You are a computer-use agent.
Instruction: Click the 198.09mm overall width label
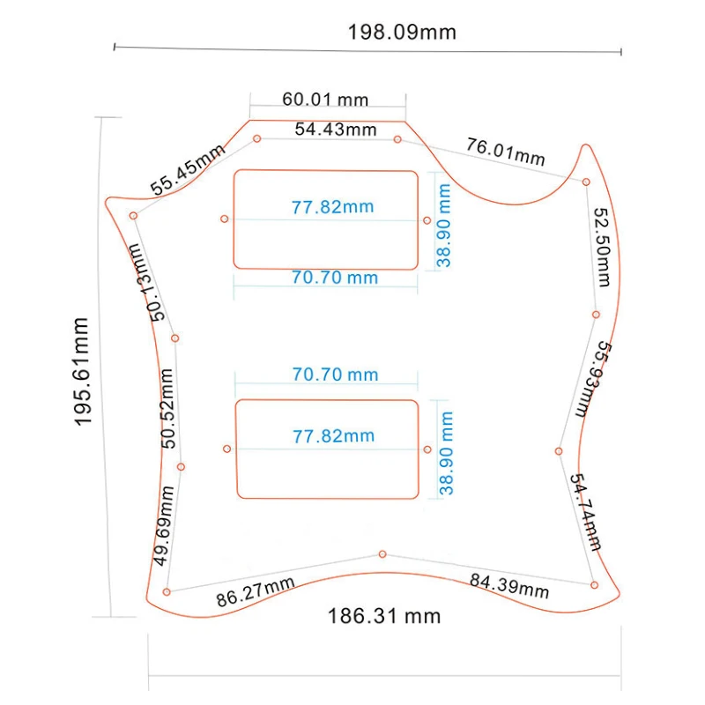click(402, 33)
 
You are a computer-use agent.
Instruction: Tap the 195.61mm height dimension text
click(82, 371)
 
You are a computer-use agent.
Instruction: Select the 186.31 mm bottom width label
click(384, 616)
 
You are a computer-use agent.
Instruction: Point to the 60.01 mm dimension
click(325, 99)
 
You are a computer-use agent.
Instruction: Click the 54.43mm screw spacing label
click(336, 130)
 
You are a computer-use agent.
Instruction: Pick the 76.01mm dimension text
click(505, 152)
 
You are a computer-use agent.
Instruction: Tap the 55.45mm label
click(187, 169)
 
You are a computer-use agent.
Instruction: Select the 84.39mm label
click(509, 586)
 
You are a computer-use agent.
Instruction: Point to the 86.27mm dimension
click(256, 591)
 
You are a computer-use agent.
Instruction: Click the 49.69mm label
click(163, 525)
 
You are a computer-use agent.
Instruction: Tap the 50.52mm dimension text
click(167, 408)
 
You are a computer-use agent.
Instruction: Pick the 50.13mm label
click(146, 283)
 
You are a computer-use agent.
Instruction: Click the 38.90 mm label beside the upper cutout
click(443, 226)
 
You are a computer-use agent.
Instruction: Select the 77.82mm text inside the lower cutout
click(334, 436)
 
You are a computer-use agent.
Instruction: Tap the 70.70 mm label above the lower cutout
click(336, 374)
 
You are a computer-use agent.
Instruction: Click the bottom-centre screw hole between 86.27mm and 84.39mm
click(382, 554)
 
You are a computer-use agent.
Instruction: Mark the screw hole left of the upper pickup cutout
click(225, 219)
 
